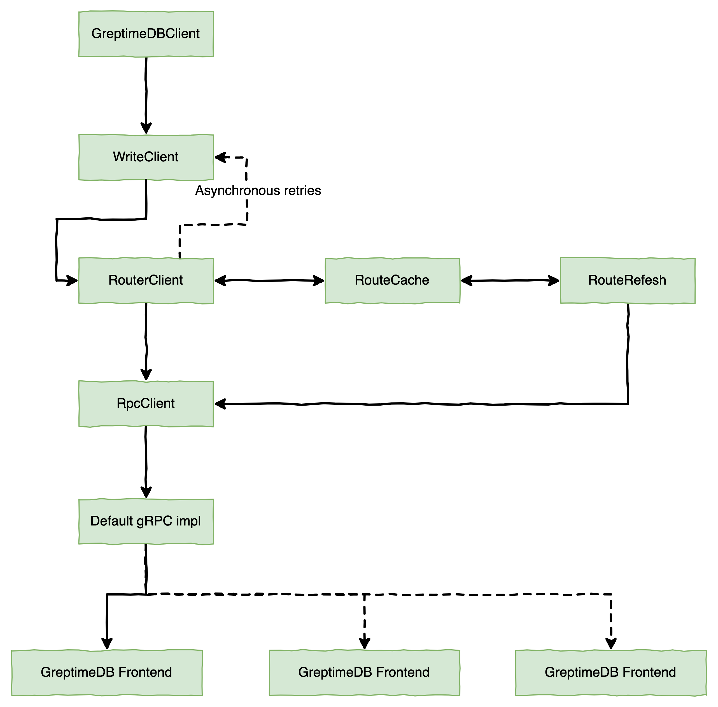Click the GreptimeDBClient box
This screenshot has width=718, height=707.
coord(146,34)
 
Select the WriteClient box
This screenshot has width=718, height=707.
coord(146,157)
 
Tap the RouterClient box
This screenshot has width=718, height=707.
coord(146,280)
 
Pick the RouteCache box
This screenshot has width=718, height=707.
coord(392,280)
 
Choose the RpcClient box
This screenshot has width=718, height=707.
coord(146,404)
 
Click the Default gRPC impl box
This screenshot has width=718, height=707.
coord(146,521)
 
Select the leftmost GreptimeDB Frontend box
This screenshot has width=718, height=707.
coord(106,673)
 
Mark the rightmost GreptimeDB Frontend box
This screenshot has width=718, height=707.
coord(610,673)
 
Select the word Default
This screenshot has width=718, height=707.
coord(112,521)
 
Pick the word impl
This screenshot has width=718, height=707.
coord(188,521)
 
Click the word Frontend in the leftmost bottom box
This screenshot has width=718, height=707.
coord(145,673)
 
